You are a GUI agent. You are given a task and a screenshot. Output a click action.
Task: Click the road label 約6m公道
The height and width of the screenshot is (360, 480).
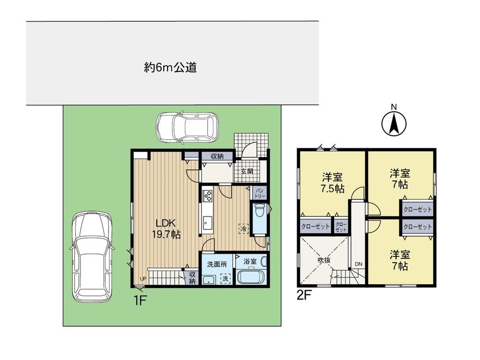click(170, 67)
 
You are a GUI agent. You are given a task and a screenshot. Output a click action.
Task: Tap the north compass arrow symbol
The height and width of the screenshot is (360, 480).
click(394, 124)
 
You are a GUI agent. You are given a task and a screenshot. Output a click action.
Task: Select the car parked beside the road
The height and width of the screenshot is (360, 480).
click(187, 127)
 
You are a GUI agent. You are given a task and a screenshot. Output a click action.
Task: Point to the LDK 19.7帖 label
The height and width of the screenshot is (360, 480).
click(166, 228)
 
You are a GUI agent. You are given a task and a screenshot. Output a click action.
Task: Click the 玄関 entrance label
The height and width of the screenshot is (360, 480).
click(247, 171)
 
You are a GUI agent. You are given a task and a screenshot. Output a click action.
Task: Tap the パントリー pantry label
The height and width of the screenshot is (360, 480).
click(260, 193)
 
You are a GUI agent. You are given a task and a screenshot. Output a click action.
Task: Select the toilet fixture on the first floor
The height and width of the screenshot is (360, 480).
click(259, 210)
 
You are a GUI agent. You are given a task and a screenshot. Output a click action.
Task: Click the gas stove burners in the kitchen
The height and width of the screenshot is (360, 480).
click(207, 196)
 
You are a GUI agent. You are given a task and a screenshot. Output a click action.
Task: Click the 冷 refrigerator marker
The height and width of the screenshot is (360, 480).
click(244, 228)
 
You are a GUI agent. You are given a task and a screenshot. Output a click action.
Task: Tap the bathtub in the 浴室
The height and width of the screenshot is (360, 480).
click(251, 277)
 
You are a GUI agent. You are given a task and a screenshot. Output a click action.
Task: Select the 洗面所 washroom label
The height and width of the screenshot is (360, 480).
click(217, 264)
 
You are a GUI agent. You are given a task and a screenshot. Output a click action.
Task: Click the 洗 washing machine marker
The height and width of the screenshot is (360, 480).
click(225, 278)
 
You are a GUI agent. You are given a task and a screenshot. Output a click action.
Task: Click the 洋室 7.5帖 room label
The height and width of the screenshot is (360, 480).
click(332, 183)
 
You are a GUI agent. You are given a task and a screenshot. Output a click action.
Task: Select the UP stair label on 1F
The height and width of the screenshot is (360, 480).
click(143, 278)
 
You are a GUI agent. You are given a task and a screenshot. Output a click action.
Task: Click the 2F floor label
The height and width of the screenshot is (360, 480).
click(304, 296)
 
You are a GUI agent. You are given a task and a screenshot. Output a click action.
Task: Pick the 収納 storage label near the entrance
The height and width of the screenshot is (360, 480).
click(217, 156)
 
